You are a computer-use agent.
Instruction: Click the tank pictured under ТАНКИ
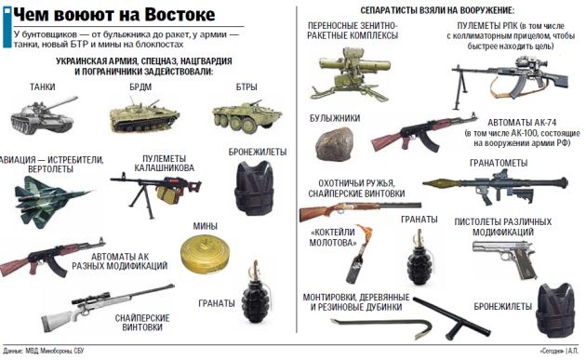(43, 115)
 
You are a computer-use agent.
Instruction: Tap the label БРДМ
(140, 87)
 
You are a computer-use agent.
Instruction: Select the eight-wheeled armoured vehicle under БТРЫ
(246, 114)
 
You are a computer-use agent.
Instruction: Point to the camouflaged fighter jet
(50, 200)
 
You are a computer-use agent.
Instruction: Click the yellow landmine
(205, 253)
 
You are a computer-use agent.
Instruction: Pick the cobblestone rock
(334, 144)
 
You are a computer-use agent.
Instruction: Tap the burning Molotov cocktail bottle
(358, 254)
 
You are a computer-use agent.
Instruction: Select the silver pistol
(504, 257)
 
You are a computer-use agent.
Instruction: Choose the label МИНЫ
(206, 226)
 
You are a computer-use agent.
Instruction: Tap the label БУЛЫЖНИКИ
(335, 118)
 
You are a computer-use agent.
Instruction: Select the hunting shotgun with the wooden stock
(360, 210)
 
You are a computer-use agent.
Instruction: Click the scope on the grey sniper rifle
(91, 298)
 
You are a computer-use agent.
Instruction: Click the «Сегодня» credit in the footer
(552, 351)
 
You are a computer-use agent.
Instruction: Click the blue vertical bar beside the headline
(7, 27)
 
